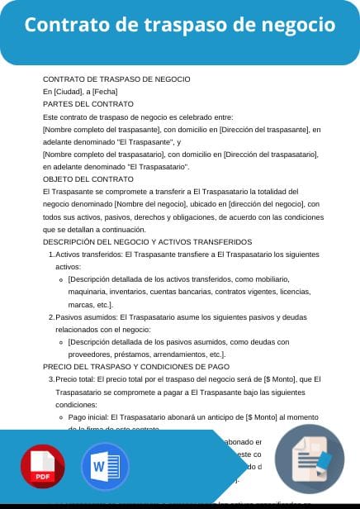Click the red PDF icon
pos(44,467)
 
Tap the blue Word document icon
pos(105,467)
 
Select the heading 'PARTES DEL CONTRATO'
pos(88,104)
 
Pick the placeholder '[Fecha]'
pos(105,92)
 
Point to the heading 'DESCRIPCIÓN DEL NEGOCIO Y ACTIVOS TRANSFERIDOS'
pos(135,241)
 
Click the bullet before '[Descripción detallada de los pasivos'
pos(62,342)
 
